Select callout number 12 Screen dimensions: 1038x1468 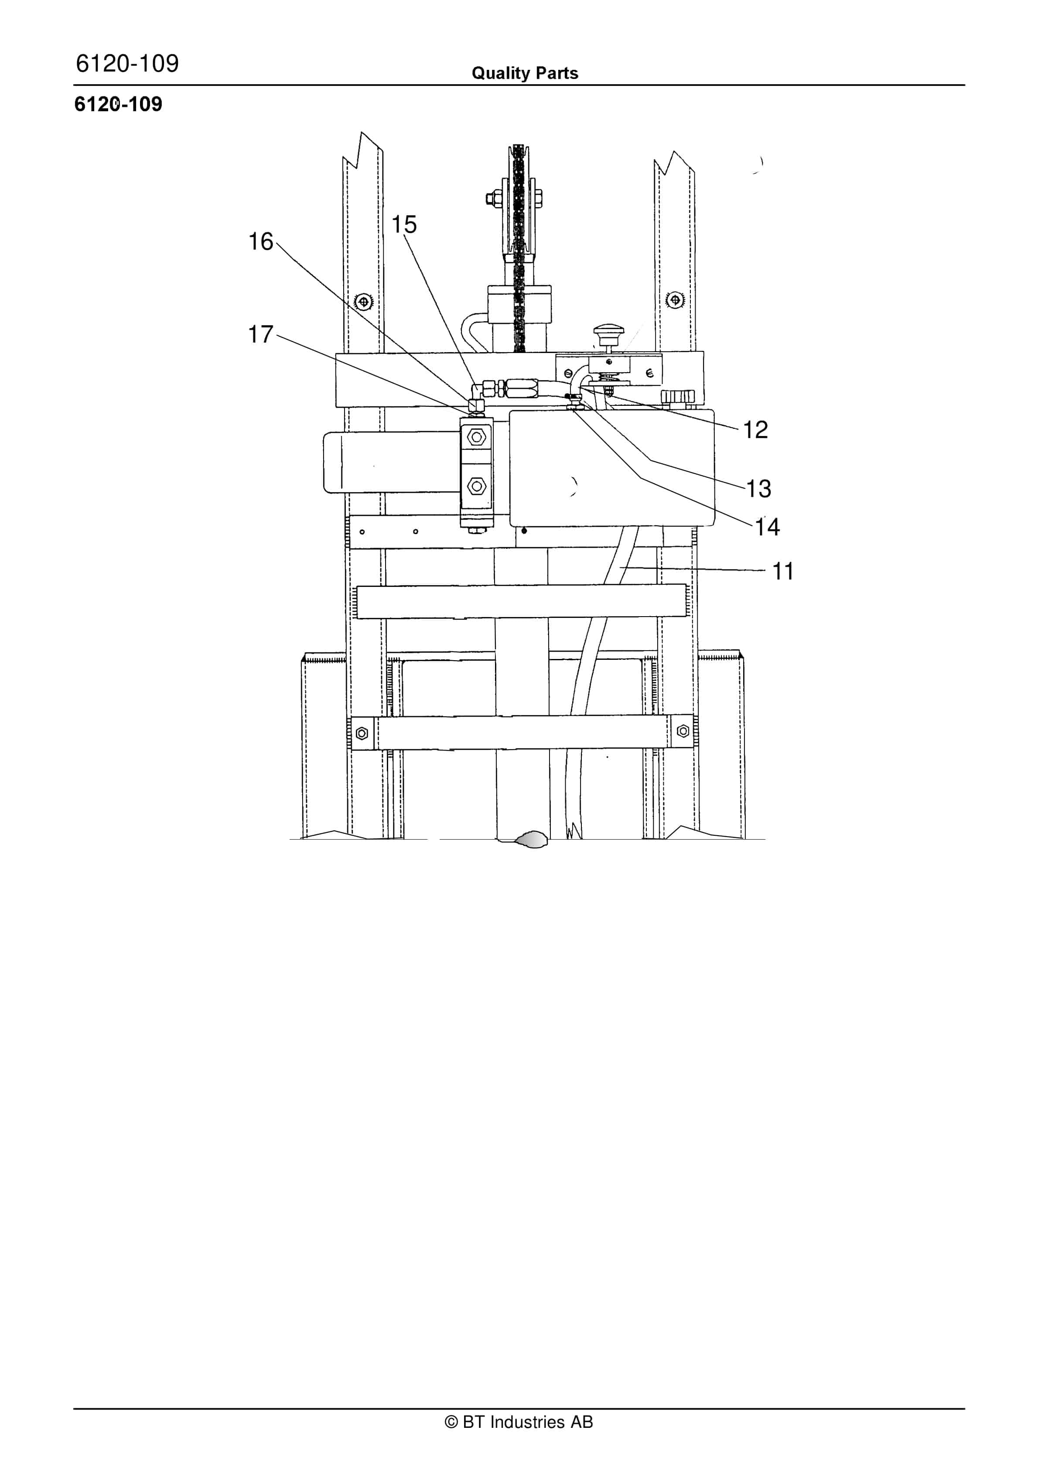(755, 430)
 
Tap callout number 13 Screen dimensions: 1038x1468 (759, 488)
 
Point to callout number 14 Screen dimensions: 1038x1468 (768, 527)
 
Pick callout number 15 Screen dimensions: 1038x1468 (404, 224)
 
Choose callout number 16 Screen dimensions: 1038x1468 (261, 242)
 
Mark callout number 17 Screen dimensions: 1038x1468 (261, 334)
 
